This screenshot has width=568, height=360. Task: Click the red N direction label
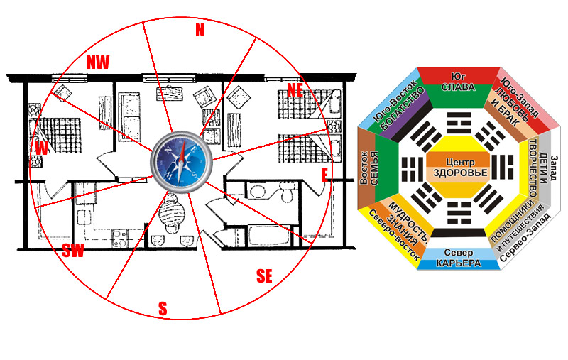point(199,30)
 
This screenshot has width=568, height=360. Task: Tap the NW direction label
point(98,62)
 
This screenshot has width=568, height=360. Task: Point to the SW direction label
point(73,250)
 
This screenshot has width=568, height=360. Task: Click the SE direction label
point(264,276)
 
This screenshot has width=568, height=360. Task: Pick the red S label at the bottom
point(163,309)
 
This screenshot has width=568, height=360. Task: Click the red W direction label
point(42,148)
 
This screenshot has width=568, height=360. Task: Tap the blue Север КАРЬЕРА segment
point(458,258)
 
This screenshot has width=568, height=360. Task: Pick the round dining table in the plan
point(170,212)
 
